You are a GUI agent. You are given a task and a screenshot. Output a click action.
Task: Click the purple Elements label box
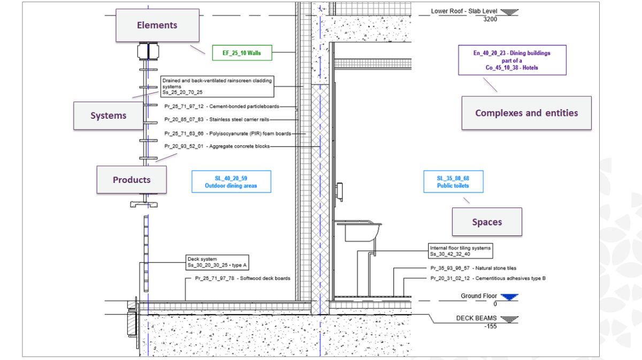tap(157, 25)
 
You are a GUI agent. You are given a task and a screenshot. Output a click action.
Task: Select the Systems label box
tap(108, 116)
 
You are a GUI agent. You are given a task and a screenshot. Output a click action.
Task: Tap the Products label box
tap(131, 180)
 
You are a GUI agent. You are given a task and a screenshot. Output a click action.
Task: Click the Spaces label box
tap(486, 222)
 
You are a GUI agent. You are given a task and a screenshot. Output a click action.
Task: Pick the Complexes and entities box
tap(526, 113)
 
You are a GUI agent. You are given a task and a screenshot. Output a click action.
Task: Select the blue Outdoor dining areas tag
tap(231, 182)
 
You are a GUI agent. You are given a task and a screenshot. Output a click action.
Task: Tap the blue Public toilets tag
tap(453, 182)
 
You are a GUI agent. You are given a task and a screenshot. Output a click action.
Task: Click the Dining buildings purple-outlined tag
tap(512, 60)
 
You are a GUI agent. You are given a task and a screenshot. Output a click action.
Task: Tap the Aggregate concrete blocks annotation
tap(217, 146)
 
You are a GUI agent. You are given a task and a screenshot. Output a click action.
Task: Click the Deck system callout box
tap(217, 262)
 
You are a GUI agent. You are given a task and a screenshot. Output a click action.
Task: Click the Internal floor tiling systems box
tap(460, 251)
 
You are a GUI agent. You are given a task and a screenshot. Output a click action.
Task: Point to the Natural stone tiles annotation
tap(473, 268)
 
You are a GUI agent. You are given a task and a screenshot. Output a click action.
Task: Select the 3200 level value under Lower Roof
tap(490, 20)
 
